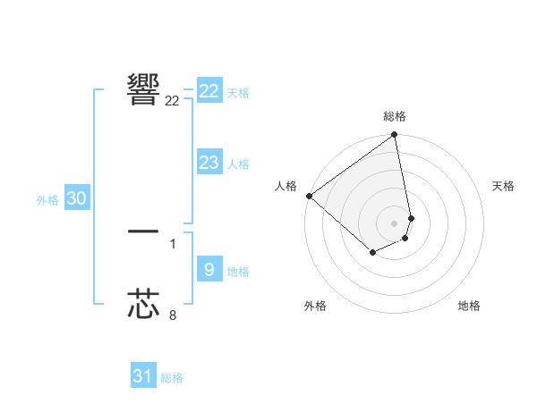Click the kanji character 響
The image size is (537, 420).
(143, 89)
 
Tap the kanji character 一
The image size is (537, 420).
(143, 231)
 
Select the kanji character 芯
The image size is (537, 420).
(143, 304)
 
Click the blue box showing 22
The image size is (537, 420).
(209, 91)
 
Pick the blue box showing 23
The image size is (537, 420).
(209, 163)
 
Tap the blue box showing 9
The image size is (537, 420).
(209, 270)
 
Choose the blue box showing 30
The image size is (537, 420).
(76, 198)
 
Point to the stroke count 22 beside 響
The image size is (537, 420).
(172, 101)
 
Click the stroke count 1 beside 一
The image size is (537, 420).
(173, 243)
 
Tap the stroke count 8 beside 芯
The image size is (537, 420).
(173, 315)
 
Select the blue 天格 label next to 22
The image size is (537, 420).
(238, 93)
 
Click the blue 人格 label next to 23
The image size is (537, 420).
(238, 164)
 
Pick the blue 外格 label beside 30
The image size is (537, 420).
(47, 200)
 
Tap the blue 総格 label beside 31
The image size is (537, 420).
(172, 378)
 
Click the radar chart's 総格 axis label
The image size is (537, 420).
(395, 116)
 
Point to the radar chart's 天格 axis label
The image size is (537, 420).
(504, 186)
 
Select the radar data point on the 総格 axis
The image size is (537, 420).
(395, 136)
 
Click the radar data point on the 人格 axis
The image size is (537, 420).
(309, 196)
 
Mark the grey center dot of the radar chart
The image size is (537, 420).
(395, 223)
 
